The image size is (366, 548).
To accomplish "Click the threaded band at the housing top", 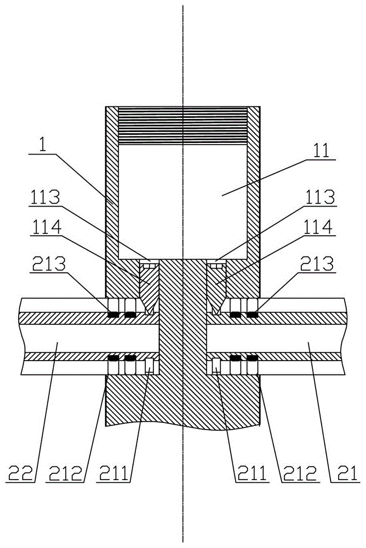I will click(x=183, y=125).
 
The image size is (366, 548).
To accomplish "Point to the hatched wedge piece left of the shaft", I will click(x=149, y=288).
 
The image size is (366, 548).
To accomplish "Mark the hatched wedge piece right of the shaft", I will click(x=216, y=288).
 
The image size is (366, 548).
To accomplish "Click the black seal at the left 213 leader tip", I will click(x=113, y=315).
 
